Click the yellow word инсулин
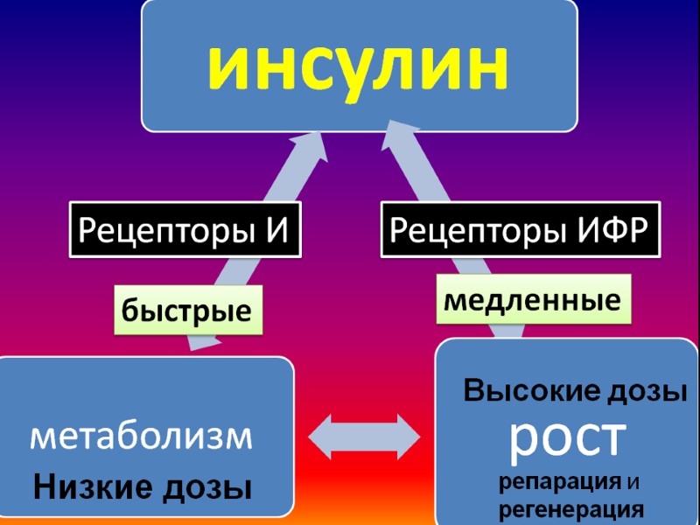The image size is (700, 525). pos(359,66)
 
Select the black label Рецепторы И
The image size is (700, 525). pos(185,231)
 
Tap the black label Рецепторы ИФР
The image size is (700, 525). pos(520,231)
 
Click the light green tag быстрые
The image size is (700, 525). pos(186,309)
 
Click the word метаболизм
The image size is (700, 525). pos(141,436)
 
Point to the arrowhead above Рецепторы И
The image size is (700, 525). pos(311,154)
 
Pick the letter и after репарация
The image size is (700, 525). pos(635,482)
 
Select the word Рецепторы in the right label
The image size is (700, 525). pos(478,231)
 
